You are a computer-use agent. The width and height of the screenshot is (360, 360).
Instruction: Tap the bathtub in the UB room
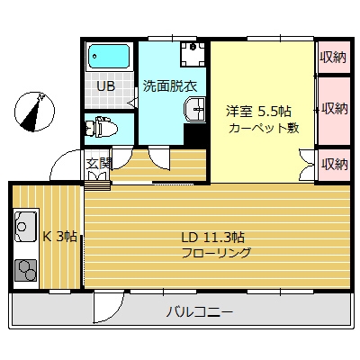[x=110, y=58]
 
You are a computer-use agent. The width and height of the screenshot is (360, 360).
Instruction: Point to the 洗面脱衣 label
[x=175, y=86]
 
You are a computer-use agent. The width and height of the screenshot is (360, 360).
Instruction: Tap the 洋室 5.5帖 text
[x=258, y=112]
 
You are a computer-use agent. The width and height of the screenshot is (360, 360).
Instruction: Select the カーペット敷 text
[x=262, y=128]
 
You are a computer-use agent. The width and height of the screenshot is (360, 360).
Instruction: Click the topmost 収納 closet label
[x=334, y=58]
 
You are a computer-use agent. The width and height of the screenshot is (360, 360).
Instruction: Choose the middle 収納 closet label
[x=334, y=109]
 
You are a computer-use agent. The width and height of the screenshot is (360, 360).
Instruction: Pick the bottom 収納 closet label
[x=334, y=163]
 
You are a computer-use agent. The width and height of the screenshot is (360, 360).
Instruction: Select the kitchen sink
[x=25, y=226]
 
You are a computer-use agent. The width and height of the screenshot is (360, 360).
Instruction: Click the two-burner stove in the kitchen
[x=25, y=268]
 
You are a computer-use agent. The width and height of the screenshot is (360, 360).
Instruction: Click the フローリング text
[x=216, y=253]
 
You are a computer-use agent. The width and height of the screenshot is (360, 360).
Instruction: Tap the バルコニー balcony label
[x=200, y=312]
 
